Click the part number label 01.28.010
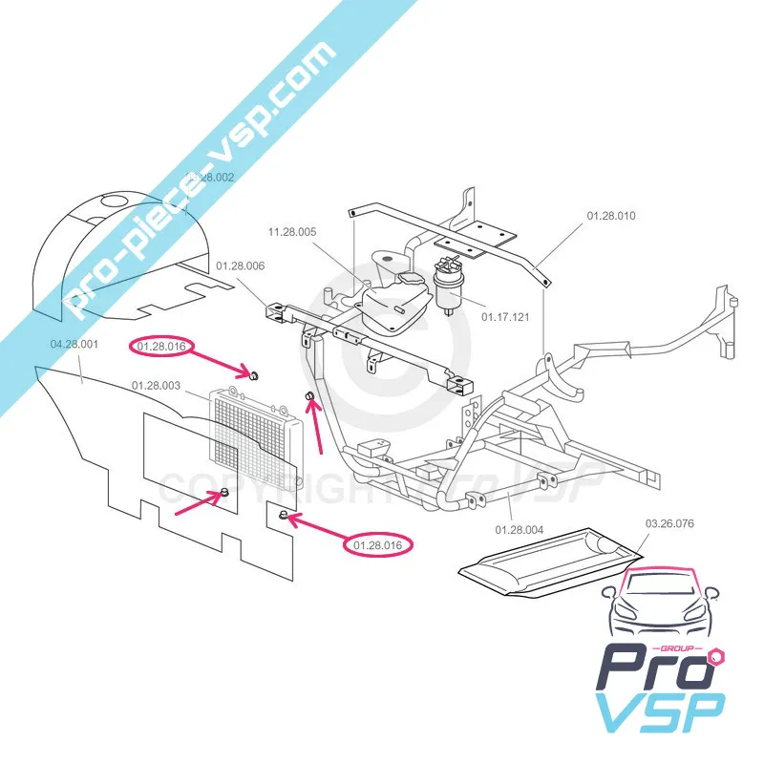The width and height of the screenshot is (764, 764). coord(610,216)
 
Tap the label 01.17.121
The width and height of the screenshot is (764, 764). coord(504,314)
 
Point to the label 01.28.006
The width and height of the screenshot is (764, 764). coord(241,265)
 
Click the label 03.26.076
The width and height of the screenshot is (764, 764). coord(670,523)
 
